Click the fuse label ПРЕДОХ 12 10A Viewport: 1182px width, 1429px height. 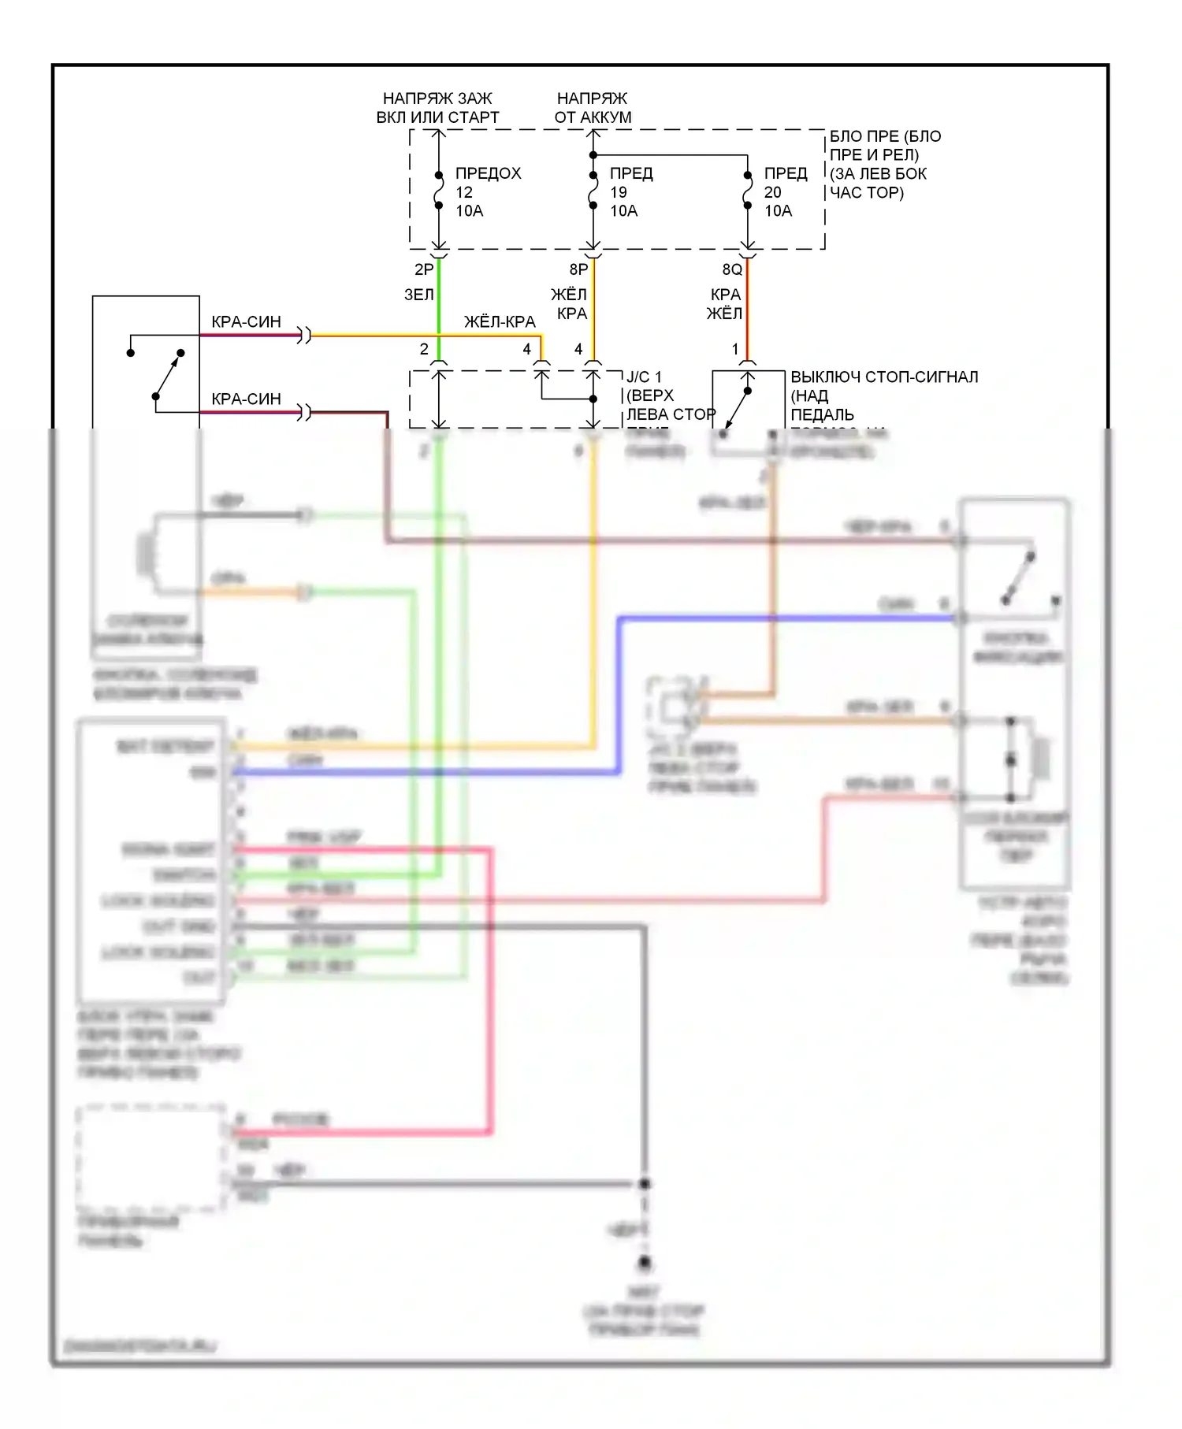point(487,191)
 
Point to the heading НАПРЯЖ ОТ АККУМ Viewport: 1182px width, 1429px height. point(593,108)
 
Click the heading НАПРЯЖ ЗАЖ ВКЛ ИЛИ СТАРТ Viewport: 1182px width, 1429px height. point(437,108)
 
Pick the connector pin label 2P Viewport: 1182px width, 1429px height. point(424,269)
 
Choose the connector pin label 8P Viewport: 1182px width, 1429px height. point(578,269)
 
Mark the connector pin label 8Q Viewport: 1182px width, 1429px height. point(732,269)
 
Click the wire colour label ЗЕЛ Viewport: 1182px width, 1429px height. point(418,295)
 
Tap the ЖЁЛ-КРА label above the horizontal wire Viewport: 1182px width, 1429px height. point(500,321)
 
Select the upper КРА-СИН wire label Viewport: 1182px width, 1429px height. point(246,321)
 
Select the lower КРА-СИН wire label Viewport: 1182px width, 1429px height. point(246,399)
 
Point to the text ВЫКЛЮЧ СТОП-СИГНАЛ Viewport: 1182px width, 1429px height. point(884,377)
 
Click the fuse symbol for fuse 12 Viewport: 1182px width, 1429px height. point(439,191)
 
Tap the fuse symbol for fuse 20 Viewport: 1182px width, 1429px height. point(748,191)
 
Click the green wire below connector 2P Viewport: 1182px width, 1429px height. point(439,307)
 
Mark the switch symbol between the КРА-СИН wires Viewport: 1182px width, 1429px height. point(168,375)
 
